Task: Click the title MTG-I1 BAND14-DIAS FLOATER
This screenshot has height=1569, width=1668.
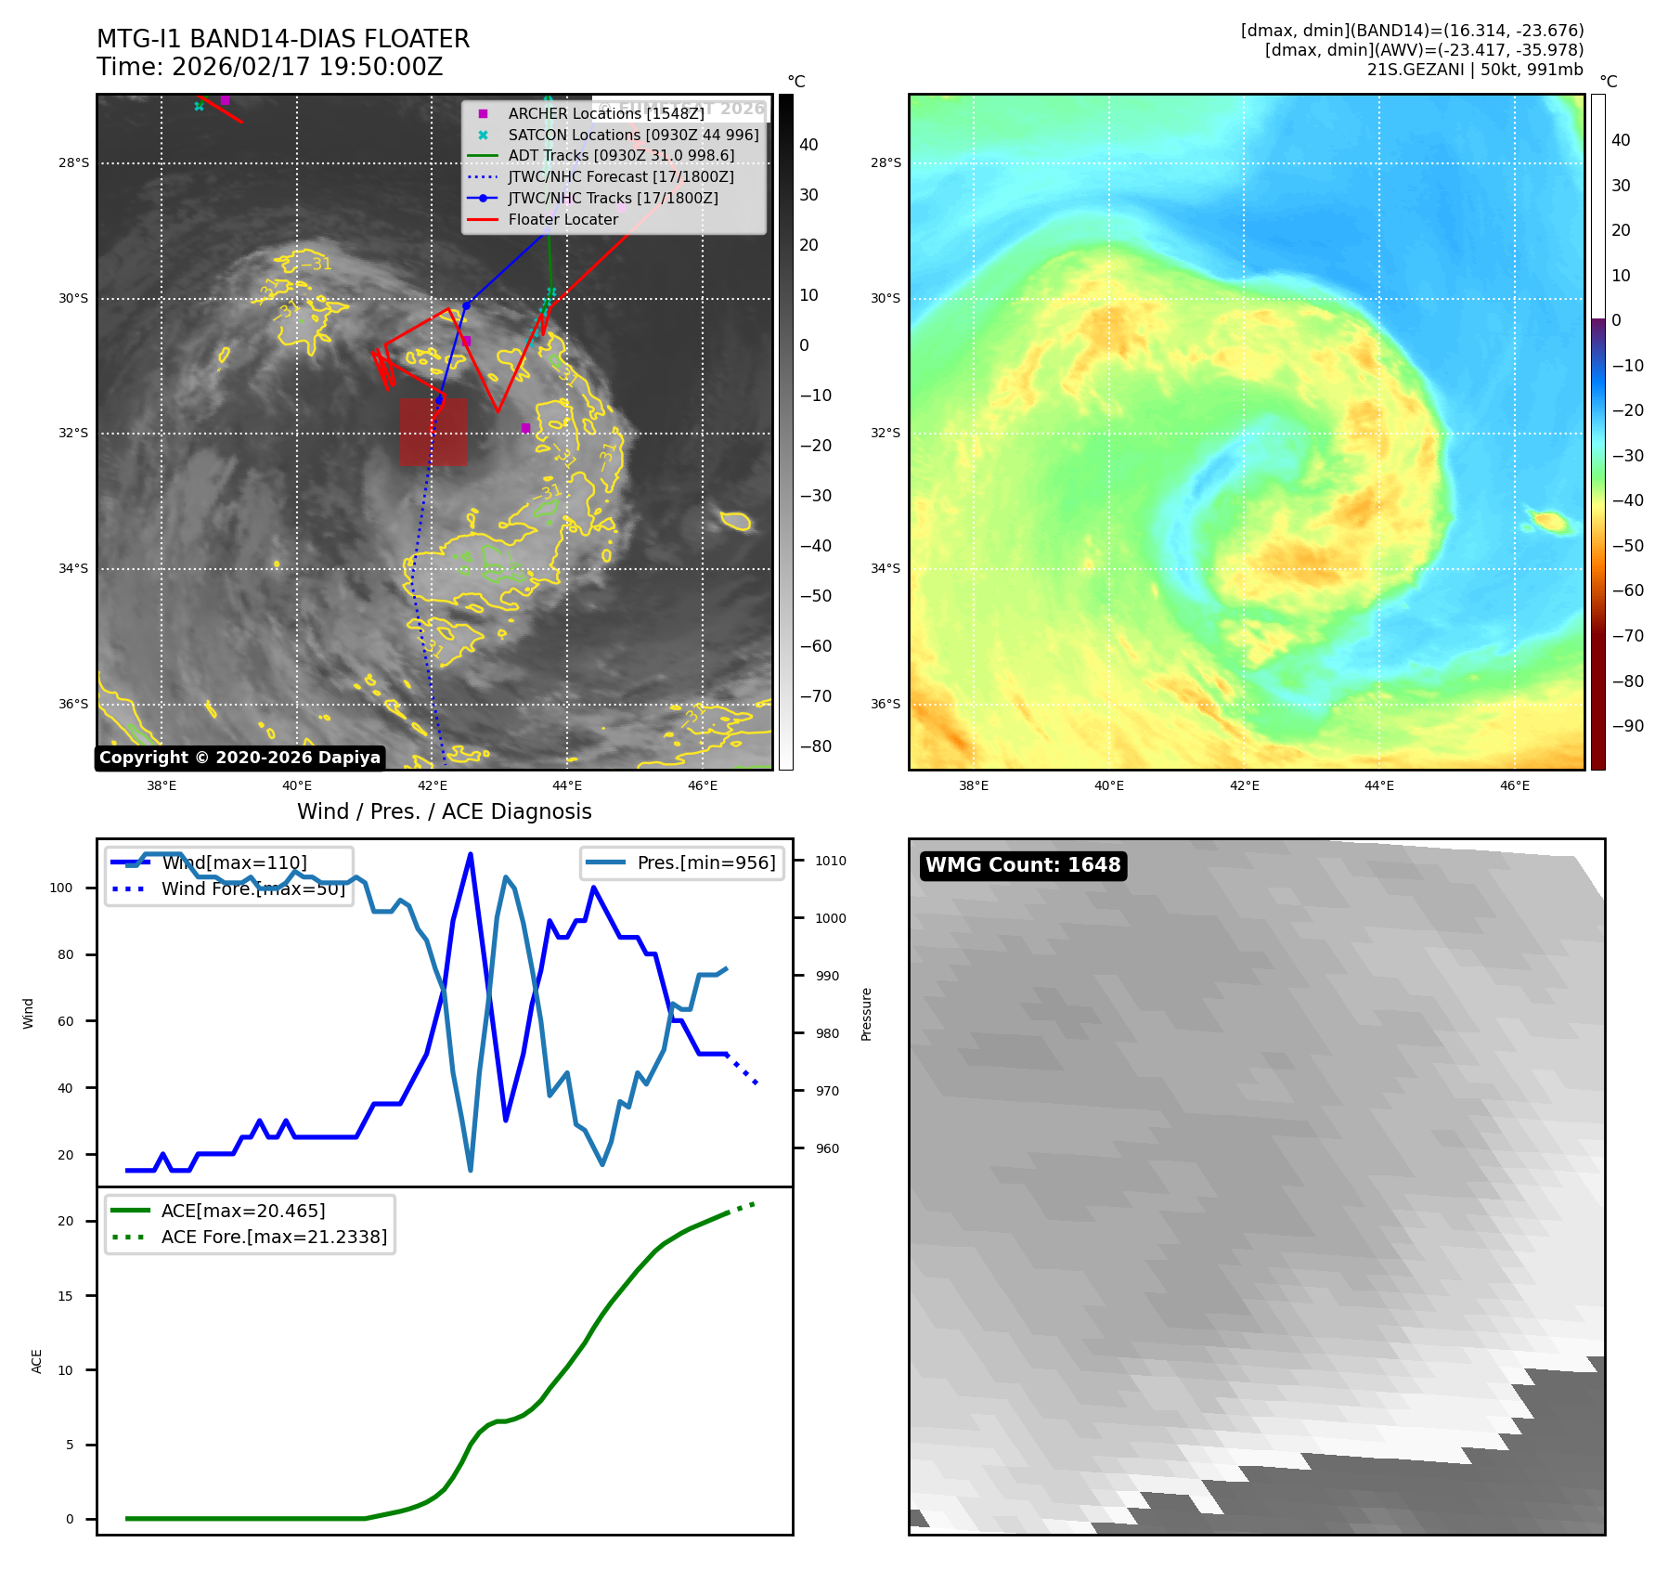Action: click(283, 39)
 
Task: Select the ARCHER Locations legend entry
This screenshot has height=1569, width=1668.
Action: click(605, 113)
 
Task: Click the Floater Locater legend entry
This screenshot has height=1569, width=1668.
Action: click(562, 219)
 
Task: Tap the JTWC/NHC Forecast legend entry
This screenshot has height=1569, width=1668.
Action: click(620, 176)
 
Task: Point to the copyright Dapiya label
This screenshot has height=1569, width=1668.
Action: click(239, 758)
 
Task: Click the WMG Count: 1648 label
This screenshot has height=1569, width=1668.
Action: click(1023, 865)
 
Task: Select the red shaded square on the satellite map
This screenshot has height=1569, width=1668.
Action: click(433, 432)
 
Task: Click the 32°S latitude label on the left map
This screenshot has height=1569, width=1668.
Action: click(74, 434)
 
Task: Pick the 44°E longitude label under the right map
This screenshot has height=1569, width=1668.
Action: click(1378, 785)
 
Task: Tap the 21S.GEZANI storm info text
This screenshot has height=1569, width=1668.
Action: click(1474, 70)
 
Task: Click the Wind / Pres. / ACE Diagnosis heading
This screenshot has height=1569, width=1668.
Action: click(444, 811)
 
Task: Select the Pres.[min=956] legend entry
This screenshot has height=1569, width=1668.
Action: click(705, 862)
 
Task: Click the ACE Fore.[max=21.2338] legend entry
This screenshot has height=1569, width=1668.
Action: click(274, 1237)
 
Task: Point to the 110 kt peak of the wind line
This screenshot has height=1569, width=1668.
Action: click(471, 854)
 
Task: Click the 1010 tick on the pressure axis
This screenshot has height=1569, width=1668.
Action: click(830, 861)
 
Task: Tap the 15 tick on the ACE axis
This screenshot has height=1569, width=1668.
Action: click(65, 1296)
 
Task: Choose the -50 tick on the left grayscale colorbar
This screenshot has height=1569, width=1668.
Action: click(815, 596)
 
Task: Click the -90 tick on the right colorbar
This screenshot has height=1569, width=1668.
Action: click(1627, 726)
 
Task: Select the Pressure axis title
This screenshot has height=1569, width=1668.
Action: click(866, 1014)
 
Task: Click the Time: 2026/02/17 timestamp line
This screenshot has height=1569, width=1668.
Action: click(269, 67)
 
